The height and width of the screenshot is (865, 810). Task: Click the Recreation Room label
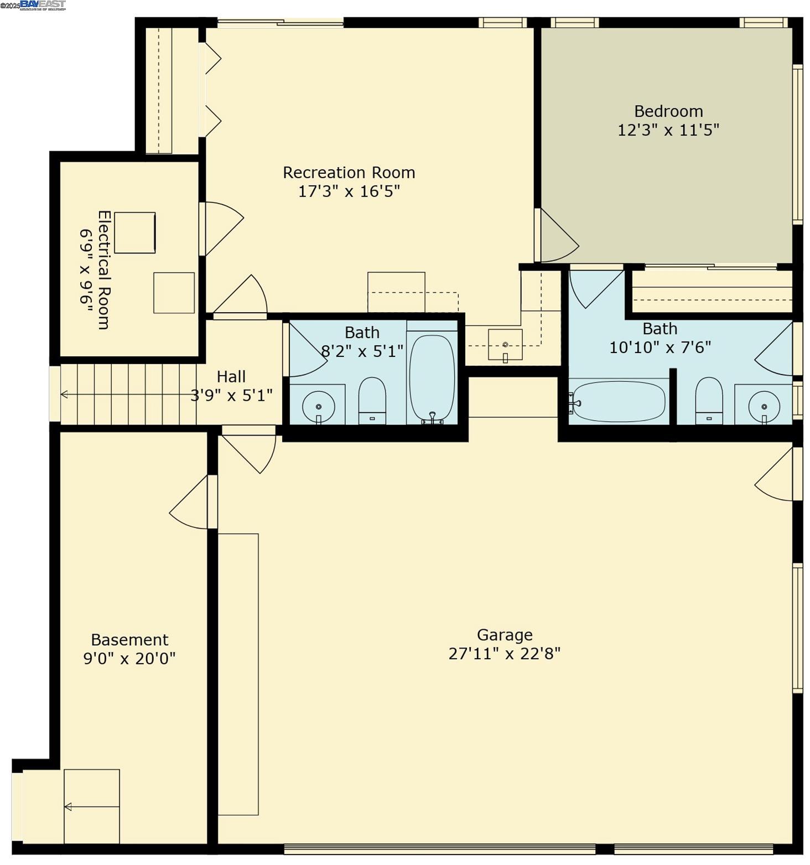(349, 173)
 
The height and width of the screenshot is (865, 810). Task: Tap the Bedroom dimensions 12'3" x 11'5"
(668, 130)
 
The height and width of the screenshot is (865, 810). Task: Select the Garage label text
(505, 635)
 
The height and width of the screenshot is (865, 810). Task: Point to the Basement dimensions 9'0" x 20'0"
(129, 659)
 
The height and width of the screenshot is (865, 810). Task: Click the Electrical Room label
(103, 270)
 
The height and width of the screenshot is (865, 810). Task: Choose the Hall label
(231, 377)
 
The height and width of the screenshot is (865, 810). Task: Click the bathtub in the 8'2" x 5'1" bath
(432, 379)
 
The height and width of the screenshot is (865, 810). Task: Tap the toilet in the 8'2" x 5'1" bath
(372, 400)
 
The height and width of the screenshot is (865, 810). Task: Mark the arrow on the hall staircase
(65, 395)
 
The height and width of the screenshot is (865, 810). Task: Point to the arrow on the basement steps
(68, 807)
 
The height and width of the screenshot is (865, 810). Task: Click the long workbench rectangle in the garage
(238, 674)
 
